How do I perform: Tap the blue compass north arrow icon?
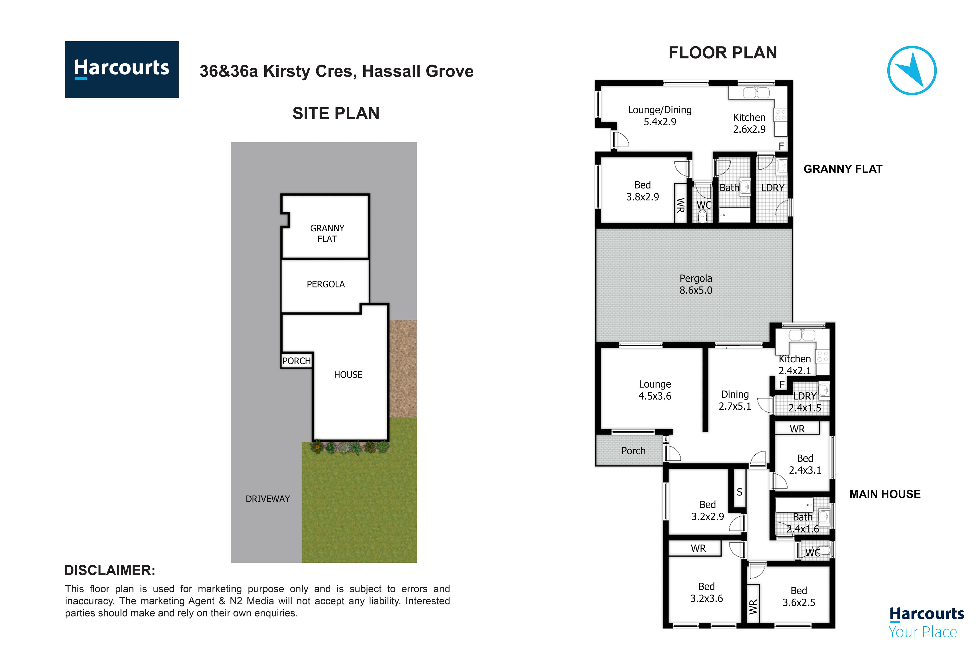[912, 70]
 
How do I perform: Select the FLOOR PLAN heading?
[723, 53]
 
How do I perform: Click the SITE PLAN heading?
[336, 113]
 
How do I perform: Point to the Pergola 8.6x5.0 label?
[696, 285]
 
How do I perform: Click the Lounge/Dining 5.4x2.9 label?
[660, 116]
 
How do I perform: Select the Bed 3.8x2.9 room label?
[642, 191]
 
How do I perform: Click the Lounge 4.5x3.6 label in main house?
[655, 390]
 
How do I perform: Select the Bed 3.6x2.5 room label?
[799, 596]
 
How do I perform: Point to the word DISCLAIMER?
[110, 570]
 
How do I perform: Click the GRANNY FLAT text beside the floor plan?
[843, 169]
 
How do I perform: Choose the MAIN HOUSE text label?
[885, 494]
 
